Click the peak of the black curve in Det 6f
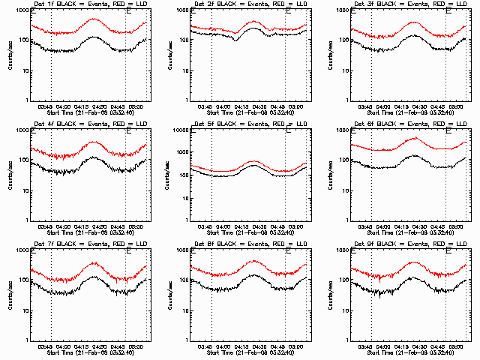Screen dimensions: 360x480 (414, 155)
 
